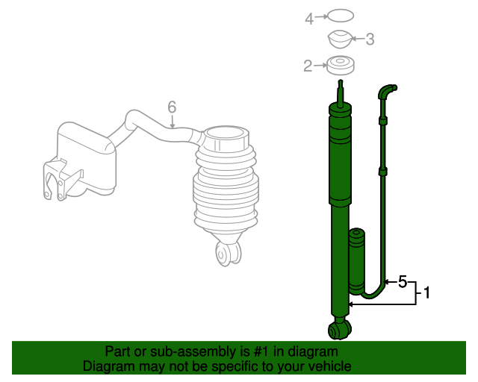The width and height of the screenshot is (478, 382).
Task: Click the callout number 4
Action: pos(309,19)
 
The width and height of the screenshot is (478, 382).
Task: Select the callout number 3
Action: pos(370,39)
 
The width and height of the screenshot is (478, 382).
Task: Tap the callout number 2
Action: pos(308,66)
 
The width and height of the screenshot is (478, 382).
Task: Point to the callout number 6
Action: pos(172,107)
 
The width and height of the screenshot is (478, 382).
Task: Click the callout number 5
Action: pos(403,282)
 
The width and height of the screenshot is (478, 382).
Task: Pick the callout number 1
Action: pos(427,292)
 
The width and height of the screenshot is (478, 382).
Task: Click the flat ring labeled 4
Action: pos(341,16)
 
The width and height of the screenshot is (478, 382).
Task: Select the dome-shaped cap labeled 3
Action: pos(341,39)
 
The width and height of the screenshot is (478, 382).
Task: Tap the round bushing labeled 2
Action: pos(341,65)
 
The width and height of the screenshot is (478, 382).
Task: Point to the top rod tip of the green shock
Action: pos(341,81)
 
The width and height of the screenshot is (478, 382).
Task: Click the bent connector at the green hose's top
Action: pos(387,91)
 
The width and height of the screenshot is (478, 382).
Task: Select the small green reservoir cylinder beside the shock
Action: pos(356,261)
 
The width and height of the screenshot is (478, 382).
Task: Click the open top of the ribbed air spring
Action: pos(226,134)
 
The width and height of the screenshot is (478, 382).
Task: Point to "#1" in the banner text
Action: pos(261,351)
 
